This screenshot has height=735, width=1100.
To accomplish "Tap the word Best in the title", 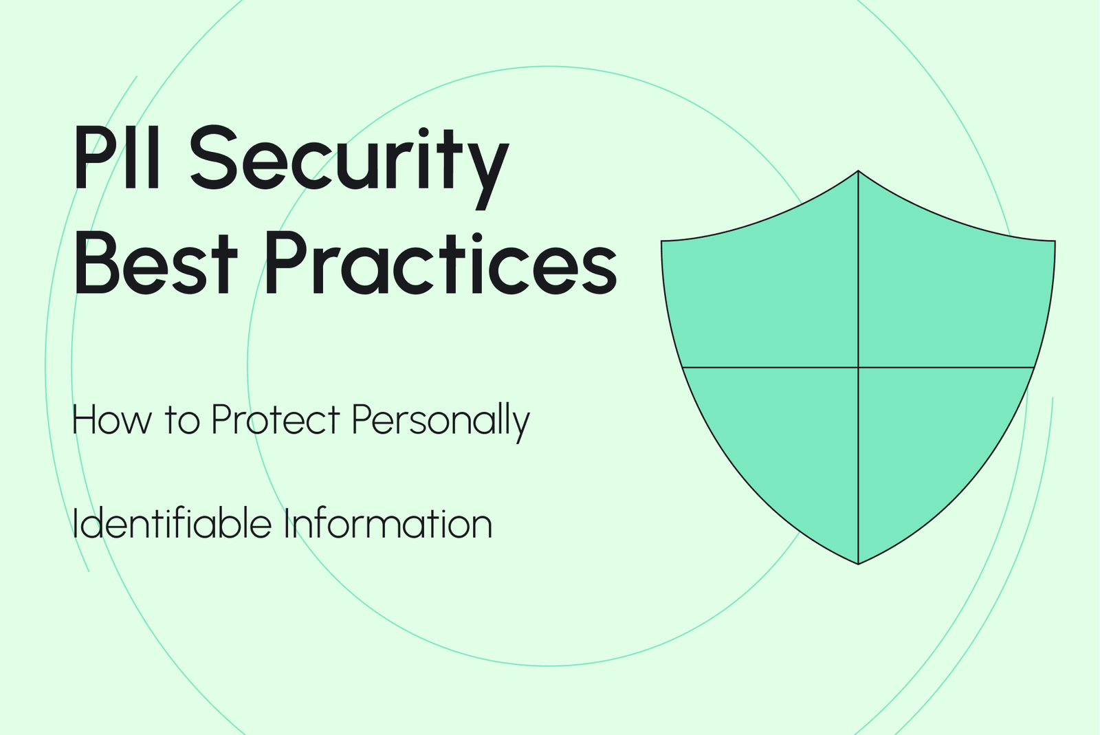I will tap(155, 263).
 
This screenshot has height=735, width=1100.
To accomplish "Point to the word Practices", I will tap(441, 263).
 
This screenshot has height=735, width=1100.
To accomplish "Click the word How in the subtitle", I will tap(111, 419).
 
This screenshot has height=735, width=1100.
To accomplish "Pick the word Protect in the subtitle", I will tap(276, 419).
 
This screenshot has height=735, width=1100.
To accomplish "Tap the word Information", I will tap(388, 524).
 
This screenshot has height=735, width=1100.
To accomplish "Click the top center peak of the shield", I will tap(858, 171).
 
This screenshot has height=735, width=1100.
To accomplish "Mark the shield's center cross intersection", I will tap(858, 367).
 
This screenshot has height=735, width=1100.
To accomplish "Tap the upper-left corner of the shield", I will tap(663, 242).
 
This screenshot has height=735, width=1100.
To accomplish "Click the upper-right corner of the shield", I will tap(1054, 242).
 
